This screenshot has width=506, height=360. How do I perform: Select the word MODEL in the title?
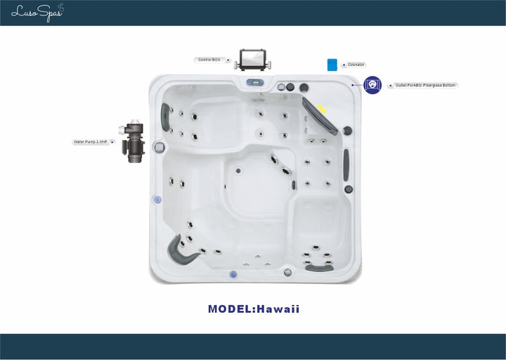(230, 309)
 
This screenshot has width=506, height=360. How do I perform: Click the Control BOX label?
(209, 60)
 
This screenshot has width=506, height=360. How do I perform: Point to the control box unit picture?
(252, 58)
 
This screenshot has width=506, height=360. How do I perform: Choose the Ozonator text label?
(356, 65)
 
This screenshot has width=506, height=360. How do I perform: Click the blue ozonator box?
(332, 65)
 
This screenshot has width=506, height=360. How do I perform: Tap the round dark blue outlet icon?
(372, 85)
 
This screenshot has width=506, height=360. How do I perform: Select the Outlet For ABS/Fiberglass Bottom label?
(426, 85)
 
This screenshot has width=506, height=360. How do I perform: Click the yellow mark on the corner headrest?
(321, 109)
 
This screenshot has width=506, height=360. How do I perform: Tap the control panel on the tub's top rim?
(254, 82)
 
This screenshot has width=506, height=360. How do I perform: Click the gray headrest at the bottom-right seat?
(320, 267)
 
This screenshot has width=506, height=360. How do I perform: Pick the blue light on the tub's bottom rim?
(233, 274)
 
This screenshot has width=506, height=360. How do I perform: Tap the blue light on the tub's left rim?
(157, 200)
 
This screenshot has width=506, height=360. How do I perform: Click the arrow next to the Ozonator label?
(342, 65)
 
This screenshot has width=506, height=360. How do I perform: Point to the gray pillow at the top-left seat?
(167, 117)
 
